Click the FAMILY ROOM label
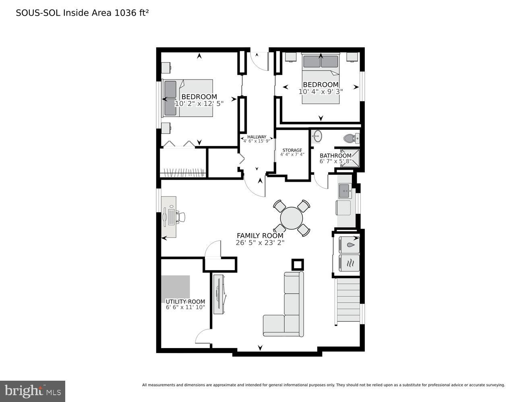click(260, 236)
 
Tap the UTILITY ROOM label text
click(185, 301)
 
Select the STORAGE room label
click(292, 150)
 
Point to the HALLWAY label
click(256, 137)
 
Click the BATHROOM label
click(335, 156)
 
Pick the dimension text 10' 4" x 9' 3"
click(320, 91)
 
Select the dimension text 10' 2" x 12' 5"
click(199, 103)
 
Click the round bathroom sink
click(317, 136)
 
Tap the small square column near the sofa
click(298, 265)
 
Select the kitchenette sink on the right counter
click(344, 191)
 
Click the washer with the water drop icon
click(349, 244)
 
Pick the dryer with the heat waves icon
click(349, 263)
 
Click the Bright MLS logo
click(33, 391)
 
